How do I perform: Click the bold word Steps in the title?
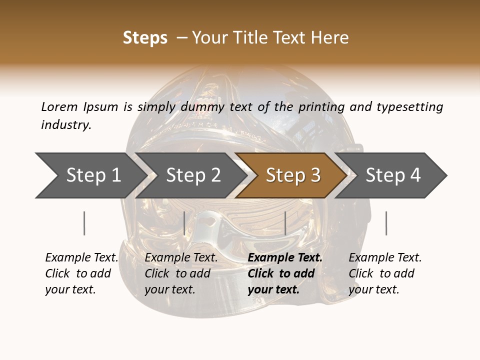click(x=145, y=38)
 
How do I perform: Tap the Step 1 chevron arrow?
click(x=92, y=175)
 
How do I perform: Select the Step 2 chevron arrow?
click(x=192, y=175)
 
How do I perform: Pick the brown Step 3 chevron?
click(x=292, y=175)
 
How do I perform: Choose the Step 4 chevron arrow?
click(x=392, y=175)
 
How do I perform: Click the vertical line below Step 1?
click(x=84, y=223)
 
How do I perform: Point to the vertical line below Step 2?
click(x=184, y=223)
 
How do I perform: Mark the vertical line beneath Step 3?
click(x=285, y=223)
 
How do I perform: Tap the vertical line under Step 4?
click(x=386, y=223)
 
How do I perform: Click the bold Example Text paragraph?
click(x=284, y=273)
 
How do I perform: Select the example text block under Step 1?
click(x=81, y=273)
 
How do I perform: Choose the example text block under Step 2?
click(x=180, y=273)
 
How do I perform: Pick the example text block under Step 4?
click(x=384, y=273)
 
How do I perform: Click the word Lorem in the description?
click(x=59, y=107)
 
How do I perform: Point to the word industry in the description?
click(x=65, y=125)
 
